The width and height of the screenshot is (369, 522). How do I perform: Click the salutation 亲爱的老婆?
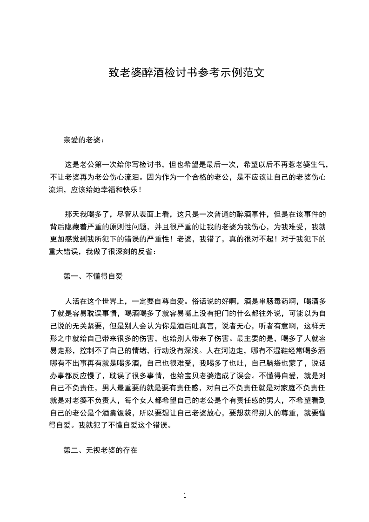[x=84, y=140]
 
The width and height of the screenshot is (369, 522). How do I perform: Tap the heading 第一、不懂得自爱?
[x=93, y=276]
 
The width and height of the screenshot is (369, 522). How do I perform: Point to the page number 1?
[x=185, y=495]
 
